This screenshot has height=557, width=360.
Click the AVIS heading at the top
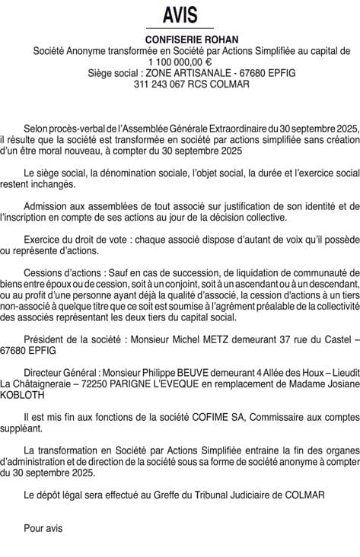180,15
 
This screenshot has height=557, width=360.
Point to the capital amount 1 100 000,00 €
180,62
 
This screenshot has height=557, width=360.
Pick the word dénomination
118,173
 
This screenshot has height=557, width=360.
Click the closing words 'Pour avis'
43,527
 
